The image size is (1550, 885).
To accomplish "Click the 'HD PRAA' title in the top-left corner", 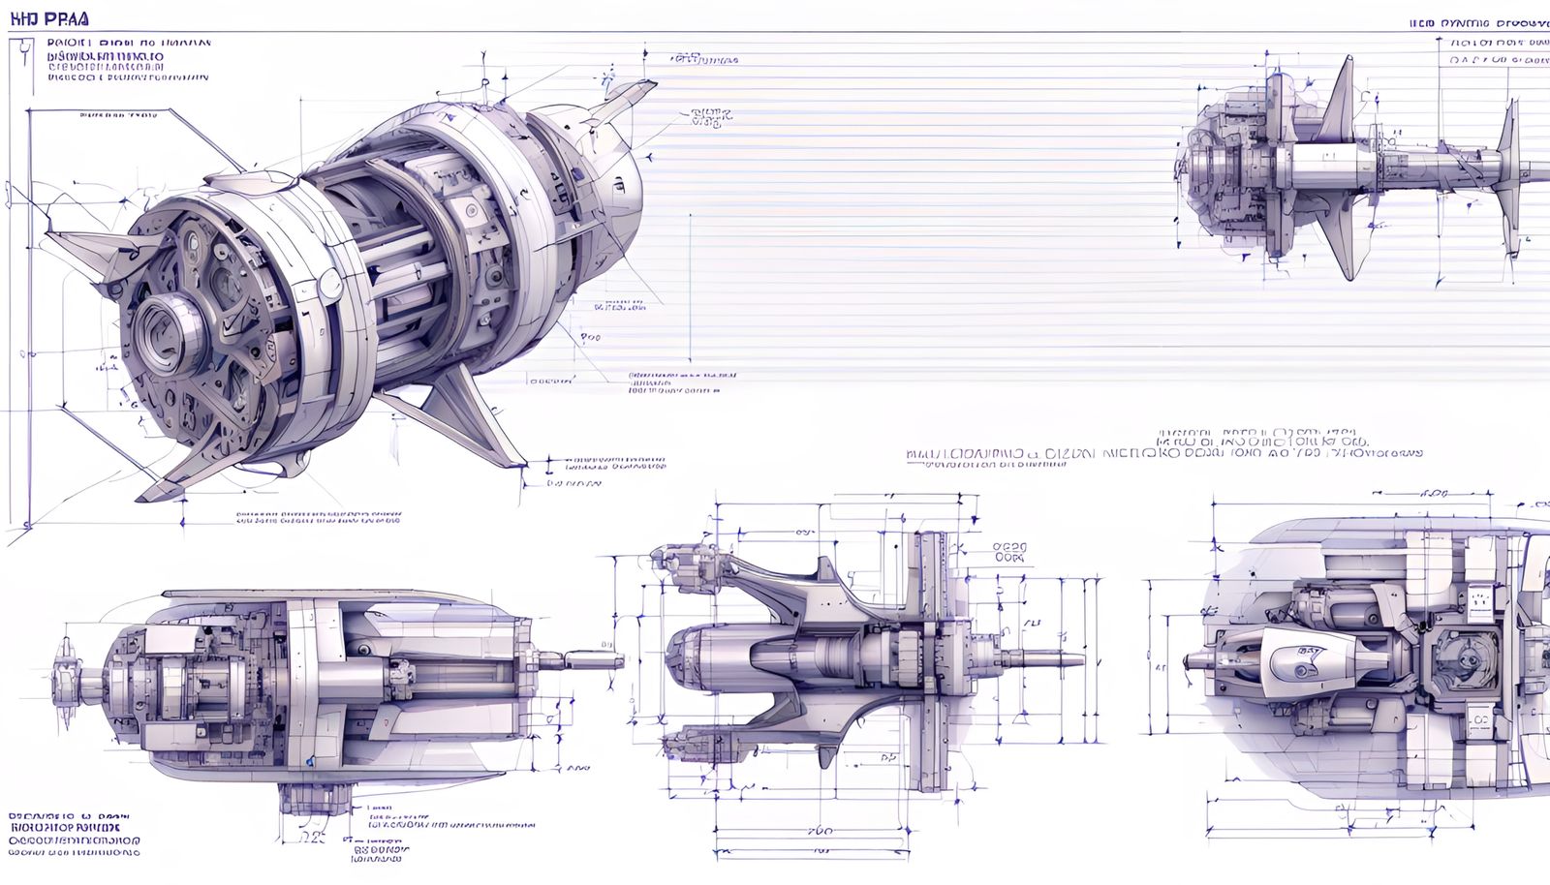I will pyautogui.click(x=48, y=18).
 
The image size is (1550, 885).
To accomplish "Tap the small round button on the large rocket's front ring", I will pyautogui.click(x=330, y=283).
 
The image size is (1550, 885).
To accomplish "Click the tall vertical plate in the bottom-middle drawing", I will pyautogui.click(x=931, y=658).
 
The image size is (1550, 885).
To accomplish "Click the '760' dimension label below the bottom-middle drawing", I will pyautogui.click(x=820, y=831).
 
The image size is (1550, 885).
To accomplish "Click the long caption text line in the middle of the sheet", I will pyautogui.click(x=1162, y=452).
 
